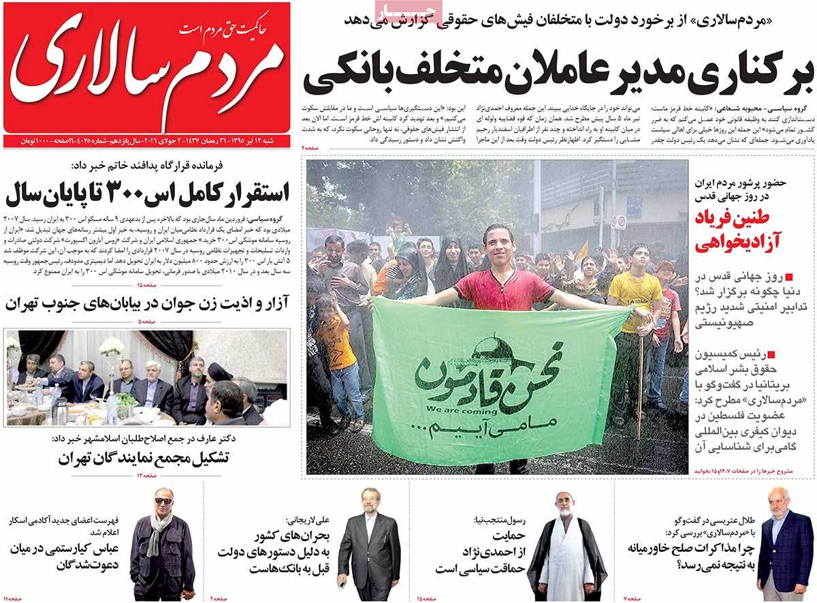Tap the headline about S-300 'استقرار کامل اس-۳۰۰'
[147, 193]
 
